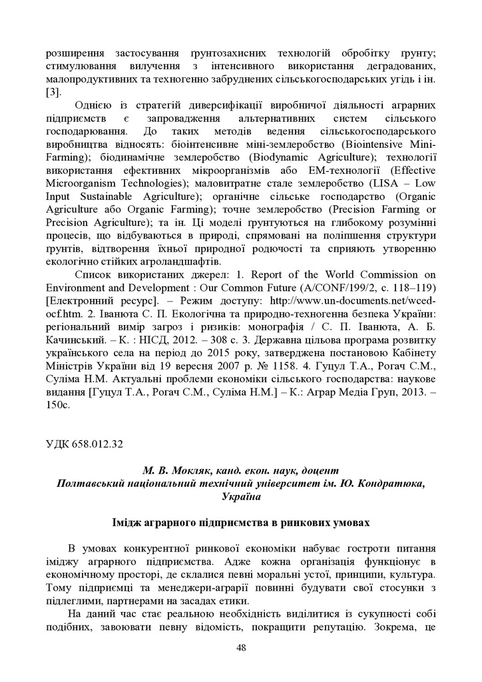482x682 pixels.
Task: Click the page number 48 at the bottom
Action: click(x=241, y=666)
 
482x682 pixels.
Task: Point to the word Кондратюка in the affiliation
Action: click(x=392, y=482)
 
